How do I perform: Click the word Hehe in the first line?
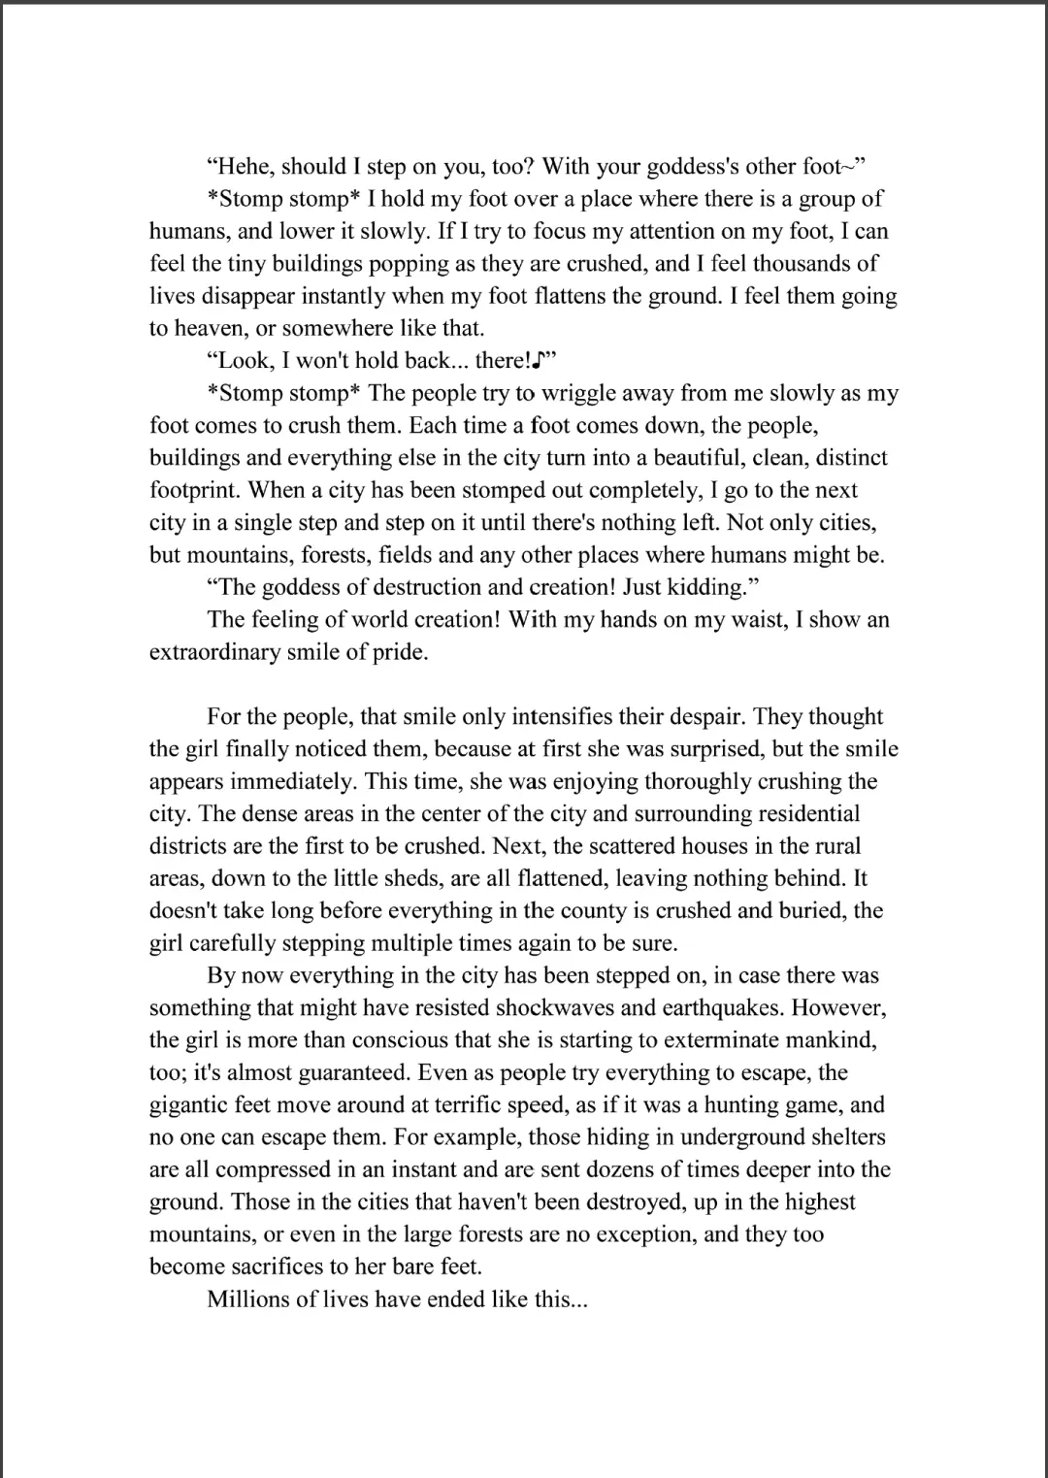tap(245, 167)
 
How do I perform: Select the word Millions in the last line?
tap(247, 1299)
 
